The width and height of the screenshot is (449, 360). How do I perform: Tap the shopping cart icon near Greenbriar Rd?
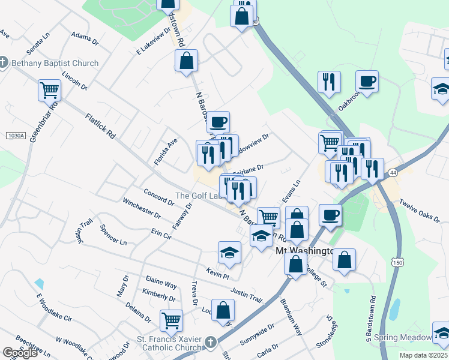click(x=49, y=91)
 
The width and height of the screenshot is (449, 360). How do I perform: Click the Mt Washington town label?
click(x=304, y=251)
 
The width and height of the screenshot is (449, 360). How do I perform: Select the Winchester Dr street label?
click(x=141, y=208)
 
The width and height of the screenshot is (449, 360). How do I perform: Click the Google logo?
click(x=20, y=353)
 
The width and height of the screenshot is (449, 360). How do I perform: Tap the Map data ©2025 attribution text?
click(x=424, y=355)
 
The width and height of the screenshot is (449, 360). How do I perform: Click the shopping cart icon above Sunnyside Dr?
click(x=171, y=320)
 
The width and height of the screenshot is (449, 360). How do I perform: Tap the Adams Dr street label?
click(x=85, y=39)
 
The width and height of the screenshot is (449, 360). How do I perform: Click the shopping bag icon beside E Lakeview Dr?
click(x=186, y=61)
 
